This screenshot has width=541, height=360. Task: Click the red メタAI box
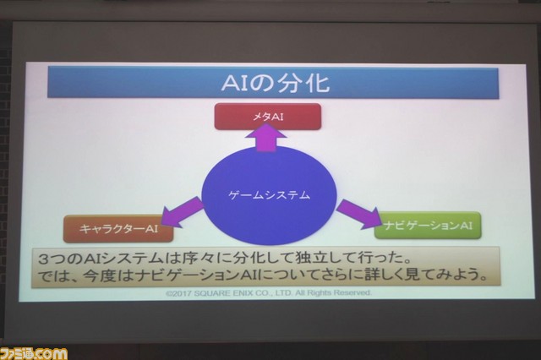pos(268,117)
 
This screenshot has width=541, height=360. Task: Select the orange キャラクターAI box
pos(118,229)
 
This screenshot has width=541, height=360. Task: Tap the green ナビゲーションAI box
pos(428,226)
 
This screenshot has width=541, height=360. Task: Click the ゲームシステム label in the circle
pos(269,195)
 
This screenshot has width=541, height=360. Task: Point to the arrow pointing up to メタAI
pos(265,137)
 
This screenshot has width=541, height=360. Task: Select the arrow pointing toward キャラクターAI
pos(183,212)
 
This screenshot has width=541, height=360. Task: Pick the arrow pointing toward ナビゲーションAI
pos(358,214)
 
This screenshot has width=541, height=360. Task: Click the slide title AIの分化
pos(276,83)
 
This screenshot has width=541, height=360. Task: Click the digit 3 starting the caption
pos(43,259)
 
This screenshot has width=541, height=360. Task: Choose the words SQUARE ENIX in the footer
pos(223,293)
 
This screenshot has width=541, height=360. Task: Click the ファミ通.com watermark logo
pos(34,354)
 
